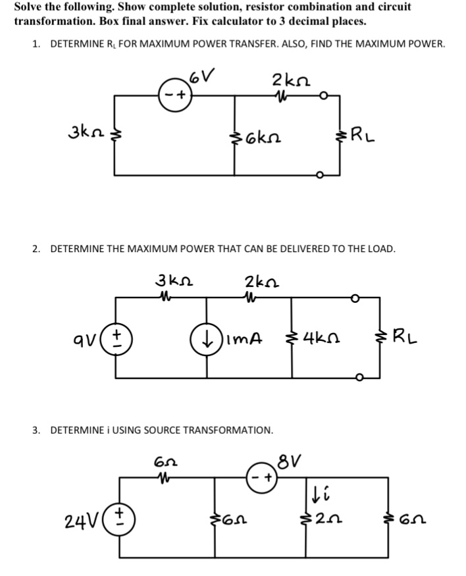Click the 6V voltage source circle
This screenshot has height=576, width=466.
point(175,95)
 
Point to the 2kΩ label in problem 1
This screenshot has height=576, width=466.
point(291,80)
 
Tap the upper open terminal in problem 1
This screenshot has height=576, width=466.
point(323,96)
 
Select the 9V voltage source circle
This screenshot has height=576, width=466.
point(116,339)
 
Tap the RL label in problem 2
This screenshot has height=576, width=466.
point(405,337)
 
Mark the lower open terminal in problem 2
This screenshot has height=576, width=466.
point(361,377)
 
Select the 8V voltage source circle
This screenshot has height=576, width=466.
point(262,477)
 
